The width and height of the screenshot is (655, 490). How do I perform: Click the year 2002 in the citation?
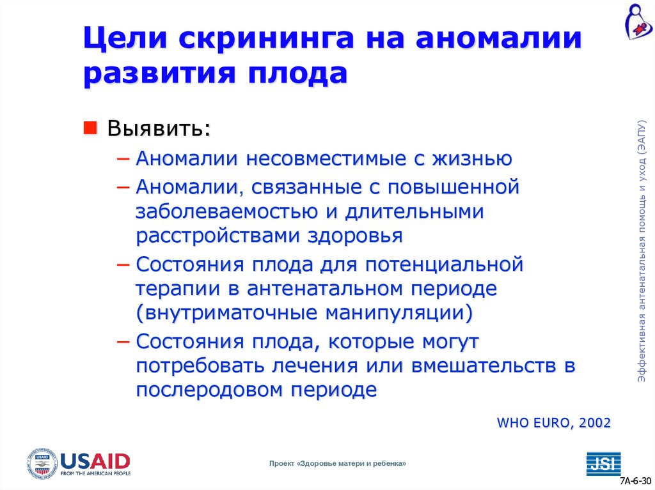coord(595,422)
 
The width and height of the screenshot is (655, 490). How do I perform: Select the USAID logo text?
coord(95,460)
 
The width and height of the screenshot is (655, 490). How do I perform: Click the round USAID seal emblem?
coord(42,464)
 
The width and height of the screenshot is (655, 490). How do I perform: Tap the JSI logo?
coord(603,463)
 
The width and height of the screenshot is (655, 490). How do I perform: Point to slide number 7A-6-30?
coord(635,480)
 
